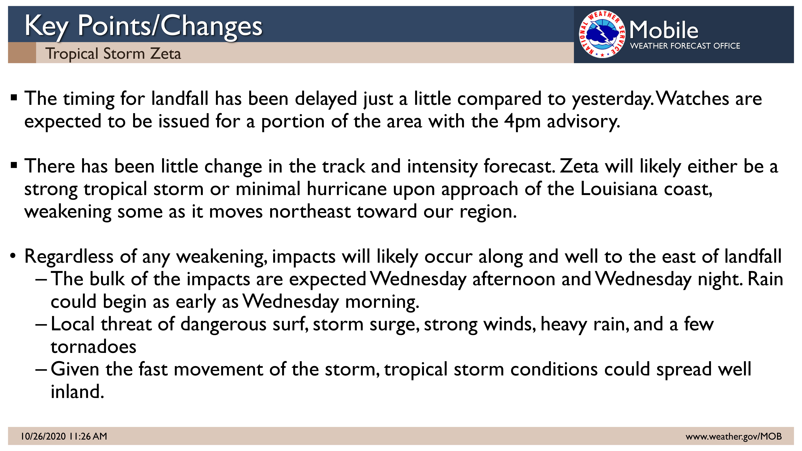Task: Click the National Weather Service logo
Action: [x=602, y=34]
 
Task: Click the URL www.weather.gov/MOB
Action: [x=734, y=436]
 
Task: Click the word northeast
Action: [x=310, y=212]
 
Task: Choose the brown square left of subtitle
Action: [x=22, y=53]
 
